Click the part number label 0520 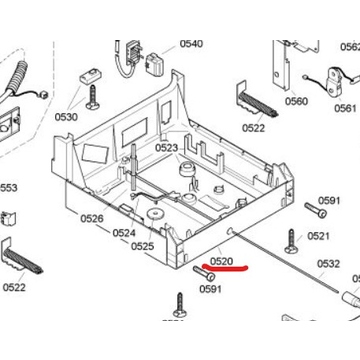pos(221,261)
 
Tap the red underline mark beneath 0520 pos(225,267)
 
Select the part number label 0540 pos(191,44)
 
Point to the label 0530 pos(66,117)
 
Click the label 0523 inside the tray pos(167,148)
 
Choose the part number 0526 pos(92,219)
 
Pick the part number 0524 pos(124,233)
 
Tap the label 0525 pos(143,246)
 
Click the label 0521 pos(318,236)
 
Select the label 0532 pos(328,264)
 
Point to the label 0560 pos(296,101)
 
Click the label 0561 pos(346,108)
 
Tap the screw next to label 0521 pos(291,241)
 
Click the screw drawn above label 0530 pos(92,97)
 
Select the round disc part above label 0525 pos(154,214)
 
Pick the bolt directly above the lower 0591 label pos(204,273)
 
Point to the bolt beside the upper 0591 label pos(315,210)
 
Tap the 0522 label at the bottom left pos(14,287)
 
